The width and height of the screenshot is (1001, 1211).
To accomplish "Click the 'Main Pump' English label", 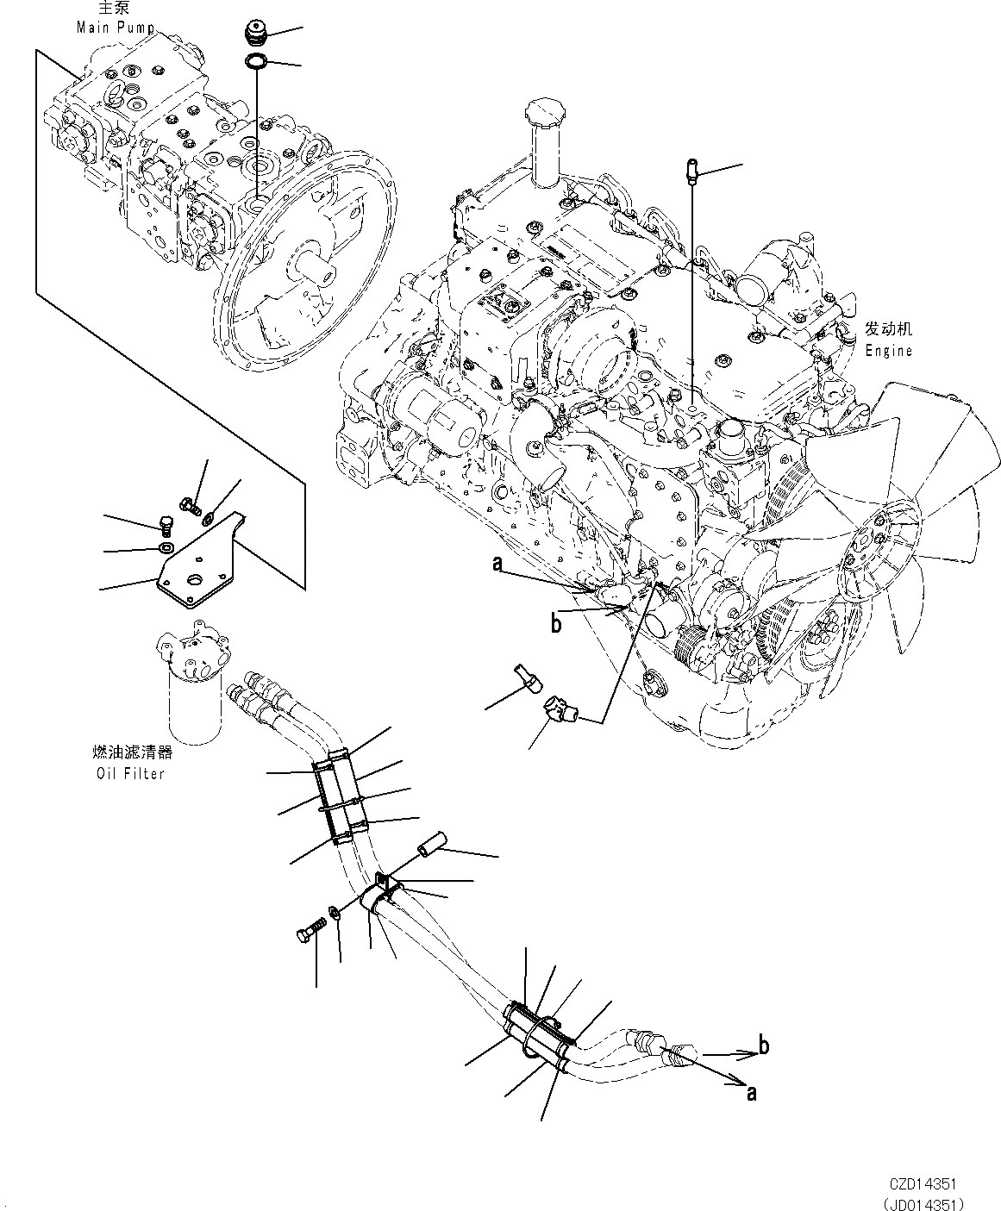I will coord(116,27).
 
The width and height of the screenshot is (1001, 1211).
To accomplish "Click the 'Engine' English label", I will coord(889,351).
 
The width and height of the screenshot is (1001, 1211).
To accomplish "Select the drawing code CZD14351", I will coord(923,1185).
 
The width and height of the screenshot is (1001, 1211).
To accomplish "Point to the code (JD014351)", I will coord(922,1202).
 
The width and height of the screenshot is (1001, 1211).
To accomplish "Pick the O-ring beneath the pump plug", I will coord(256,61).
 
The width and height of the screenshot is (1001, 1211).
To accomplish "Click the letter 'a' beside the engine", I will coord(497,564).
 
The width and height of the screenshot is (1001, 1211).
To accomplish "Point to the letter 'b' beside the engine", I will coord(556,623).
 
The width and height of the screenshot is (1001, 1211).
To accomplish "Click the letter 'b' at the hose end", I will coord(762,1046).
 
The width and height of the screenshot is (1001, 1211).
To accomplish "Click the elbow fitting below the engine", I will coord(559,711).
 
